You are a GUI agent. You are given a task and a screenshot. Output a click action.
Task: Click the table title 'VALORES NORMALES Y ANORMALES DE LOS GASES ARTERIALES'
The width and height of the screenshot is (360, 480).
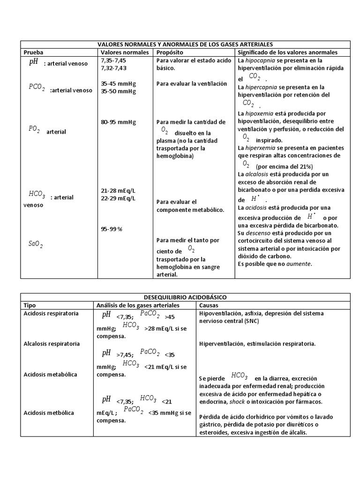tap(185, 44)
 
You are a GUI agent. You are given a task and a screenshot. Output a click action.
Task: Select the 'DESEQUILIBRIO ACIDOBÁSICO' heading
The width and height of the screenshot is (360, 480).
tap(185, 297)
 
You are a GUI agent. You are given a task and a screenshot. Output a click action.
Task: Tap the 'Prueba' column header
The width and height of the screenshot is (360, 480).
tap(33, 52)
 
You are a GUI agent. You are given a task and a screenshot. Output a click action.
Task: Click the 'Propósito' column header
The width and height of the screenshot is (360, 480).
tap(170, 52)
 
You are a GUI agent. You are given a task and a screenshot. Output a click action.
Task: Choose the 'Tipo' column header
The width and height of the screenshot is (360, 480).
tap(30, 305)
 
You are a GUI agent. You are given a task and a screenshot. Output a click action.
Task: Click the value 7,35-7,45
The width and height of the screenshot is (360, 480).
tap(113, 61)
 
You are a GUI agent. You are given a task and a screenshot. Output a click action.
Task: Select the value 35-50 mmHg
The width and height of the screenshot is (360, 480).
tap(118, 91)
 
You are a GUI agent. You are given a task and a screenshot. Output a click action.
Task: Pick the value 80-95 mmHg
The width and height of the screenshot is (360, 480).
tap(118, 122)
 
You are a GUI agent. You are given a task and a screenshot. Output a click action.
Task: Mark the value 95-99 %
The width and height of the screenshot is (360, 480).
tap(111, 229)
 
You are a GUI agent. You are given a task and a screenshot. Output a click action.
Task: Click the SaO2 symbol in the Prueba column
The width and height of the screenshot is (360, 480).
tap(35, 243)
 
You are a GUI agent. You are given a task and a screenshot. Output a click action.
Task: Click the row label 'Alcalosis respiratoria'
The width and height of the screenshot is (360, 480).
tap(52, 344)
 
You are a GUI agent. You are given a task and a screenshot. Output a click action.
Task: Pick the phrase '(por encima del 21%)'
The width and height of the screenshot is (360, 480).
tap(284, 166)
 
